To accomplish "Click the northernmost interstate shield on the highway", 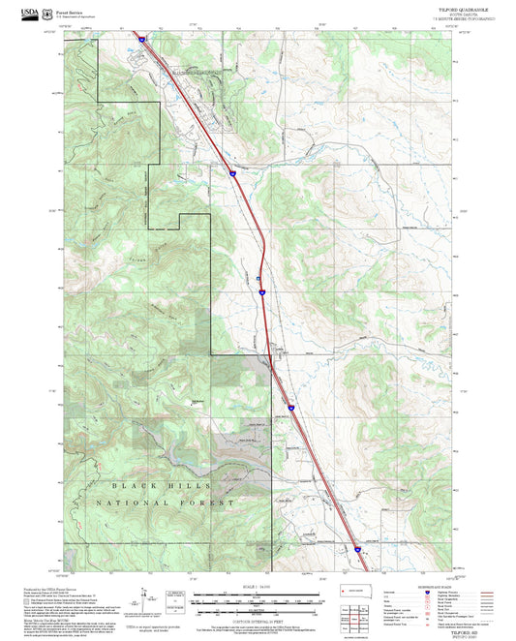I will [141, 40].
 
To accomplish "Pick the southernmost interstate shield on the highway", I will [356, 549].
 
